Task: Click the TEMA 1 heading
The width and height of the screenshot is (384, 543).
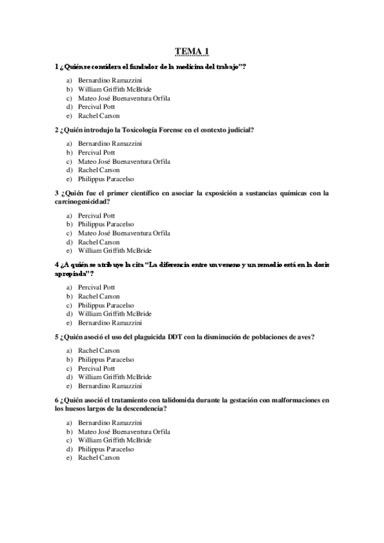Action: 192,51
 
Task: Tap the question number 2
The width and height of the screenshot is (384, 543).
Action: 57,130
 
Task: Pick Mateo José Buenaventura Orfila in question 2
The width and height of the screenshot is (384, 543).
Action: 124,162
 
